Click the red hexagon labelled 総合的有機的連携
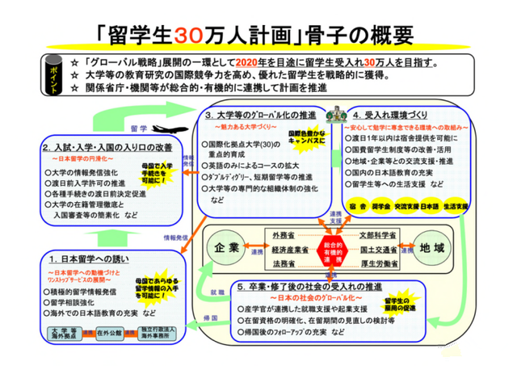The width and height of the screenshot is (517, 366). pyautogui.click(x=330, y=248)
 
